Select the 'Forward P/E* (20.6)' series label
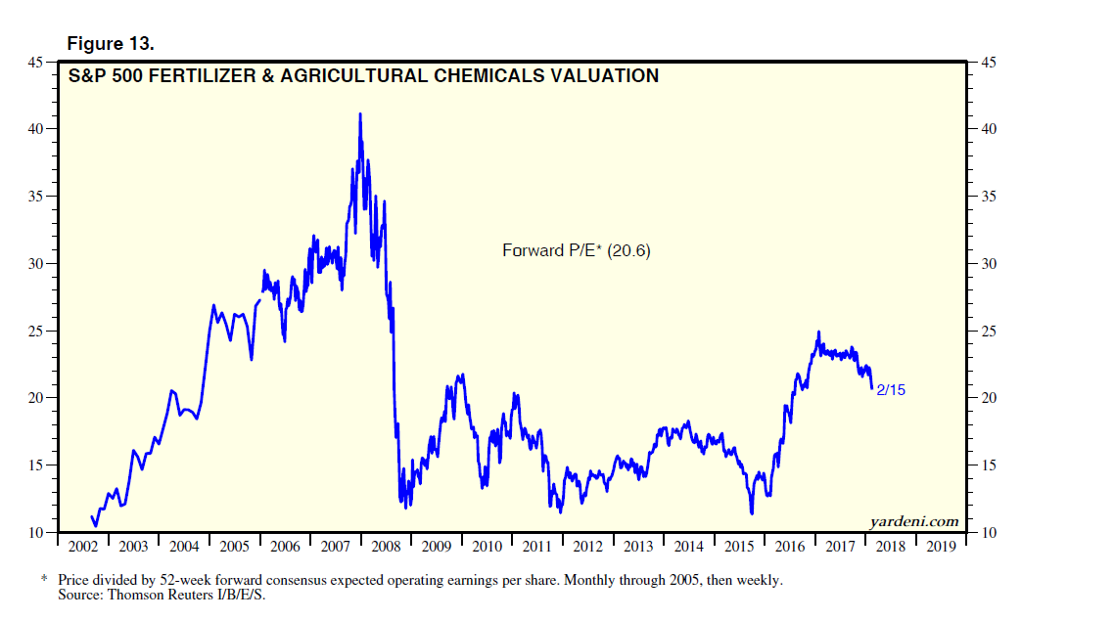point(577,250)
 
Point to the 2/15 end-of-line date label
point(892,390)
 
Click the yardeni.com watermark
point(913,521)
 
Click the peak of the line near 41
point(360,113)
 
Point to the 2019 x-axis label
point(941,547)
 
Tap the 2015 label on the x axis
point(740,547)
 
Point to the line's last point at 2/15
point(872,388)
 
